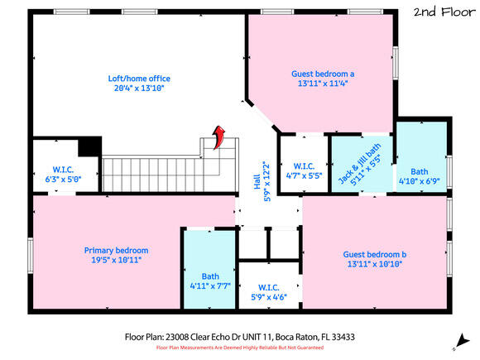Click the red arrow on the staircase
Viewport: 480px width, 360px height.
point(219,137)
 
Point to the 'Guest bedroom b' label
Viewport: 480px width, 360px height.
point(376,254)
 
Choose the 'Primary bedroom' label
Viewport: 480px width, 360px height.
point(116,250)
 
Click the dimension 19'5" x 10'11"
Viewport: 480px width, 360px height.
point(116,260)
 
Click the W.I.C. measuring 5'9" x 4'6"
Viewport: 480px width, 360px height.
point(269,292)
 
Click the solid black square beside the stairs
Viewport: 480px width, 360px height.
point(89,146)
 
